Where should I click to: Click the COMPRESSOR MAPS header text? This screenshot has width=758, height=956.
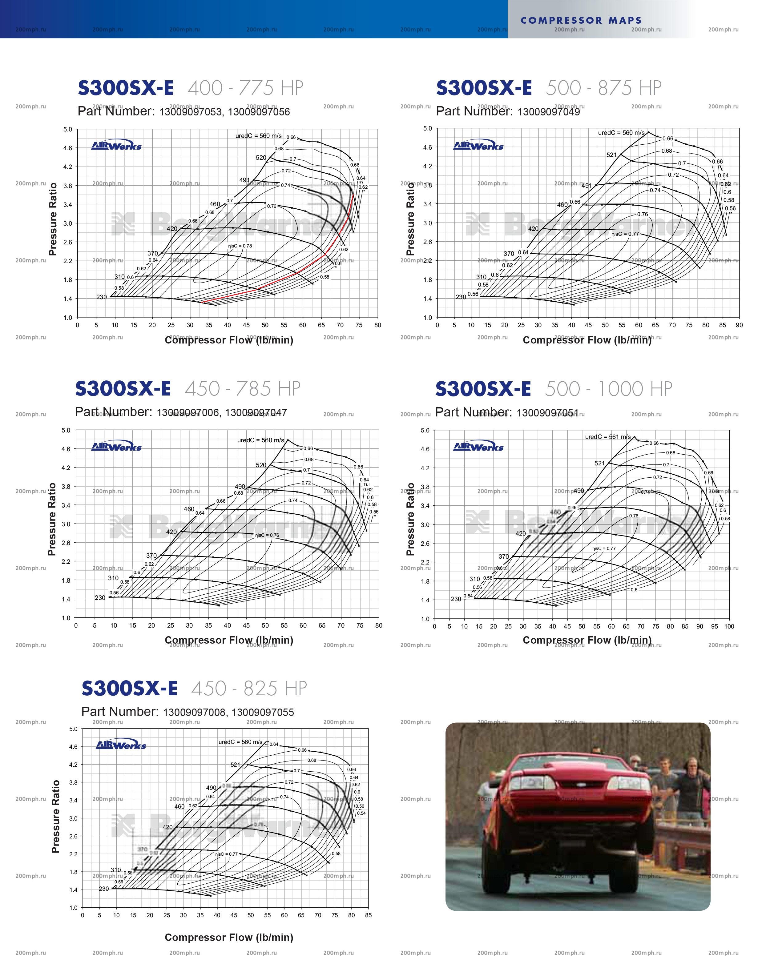click(x=581, y=20)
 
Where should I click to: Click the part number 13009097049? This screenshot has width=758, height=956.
click(x=549, y=112)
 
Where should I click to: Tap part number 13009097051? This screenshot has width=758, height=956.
click(x=547, y=413)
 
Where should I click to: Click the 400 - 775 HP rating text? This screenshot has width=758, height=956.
click(x=245, y=88)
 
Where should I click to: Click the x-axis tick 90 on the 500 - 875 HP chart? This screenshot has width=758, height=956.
click(x=739, y=325)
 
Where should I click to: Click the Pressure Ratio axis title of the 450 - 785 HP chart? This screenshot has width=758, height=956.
click(x=52, y=519)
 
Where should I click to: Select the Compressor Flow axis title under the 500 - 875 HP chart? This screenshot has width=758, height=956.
click(x=587, y=340)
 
